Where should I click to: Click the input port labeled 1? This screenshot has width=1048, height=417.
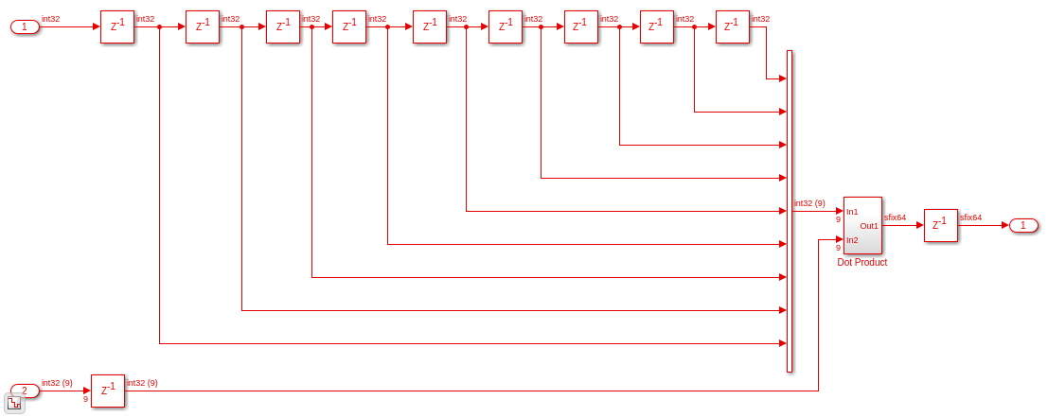click(26, 26)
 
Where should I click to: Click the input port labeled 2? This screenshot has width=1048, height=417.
click(26, 391)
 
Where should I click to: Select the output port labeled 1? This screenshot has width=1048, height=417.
click(1023, 225)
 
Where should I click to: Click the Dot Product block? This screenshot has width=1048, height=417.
click(862, 225)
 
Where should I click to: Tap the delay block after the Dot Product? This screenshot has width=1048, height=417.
click(940, 225)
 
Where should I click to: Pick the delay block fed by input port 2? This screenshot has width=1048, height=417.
click(108, 391)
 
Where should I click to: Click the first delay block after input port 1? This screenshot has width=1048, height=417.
click(117, 26)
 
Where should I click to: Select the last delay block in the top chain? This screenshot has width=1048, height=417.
click(733, 26)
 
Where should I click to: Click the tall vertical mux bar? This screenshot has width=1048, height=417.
click(790, 211)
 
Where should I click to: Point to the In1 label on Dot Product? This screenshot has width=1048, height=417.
click(852, 212)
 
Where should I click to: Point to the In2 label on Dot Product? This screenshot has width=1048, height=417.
click(852, 240)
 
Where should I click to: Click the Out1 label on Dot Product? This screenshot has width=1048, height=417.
click(869, 225)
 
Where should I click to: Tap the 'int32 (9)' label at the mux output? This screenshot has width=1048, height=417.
click(809, 203)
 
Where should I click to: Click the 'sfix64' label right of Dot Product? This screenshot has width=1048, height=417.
click(895, 217)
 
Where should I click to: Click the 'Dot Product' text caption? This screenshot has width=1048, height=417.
click(862, 263)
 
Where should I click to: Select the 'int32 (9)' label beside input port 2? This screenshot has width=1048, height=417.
click(57, 382)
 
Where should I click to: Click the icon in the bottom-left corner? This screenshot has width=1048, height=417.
click(15, 404)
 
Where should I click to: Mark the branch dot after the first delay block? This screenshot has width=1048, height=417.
click(159, 26)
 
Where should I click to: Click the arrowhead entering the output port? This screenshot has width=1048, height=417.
click(1005, 225)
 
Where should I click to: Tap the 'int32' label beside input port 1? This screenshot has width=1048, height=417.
click(51, 19)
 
